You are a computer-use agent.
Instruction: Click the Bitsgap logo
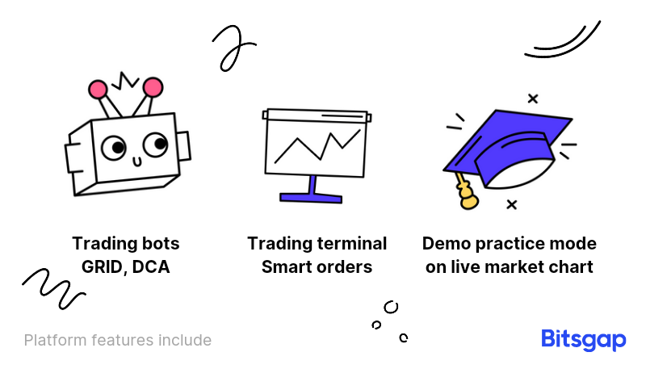coord(583,340)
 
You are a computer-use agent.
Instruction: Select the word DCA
coord(151,267)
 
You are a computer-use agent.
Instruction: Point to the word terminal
coord(353,243)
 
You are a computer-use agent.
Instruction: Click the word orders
coord(345,267)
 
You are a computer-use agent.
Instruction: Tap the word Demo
coord(447,243)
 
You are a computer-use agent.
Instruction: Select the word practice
coord(508,244)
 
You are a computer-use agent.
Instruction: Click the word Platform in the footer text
coord(56,340)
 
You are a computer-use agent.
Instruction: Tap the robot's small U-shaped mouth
coord(137,161)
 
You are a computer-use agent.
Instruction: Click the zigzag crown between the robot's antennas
coord(125,81)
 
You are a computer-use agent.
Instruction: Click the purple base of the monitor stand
coord(311,198)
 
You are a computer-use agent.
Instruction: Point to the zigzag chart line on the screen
coord(317,146)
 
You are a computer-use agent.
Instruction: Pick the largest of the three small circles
coord(391,307)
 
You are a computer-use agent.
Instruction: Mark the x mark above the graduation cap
coord(533,99)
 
